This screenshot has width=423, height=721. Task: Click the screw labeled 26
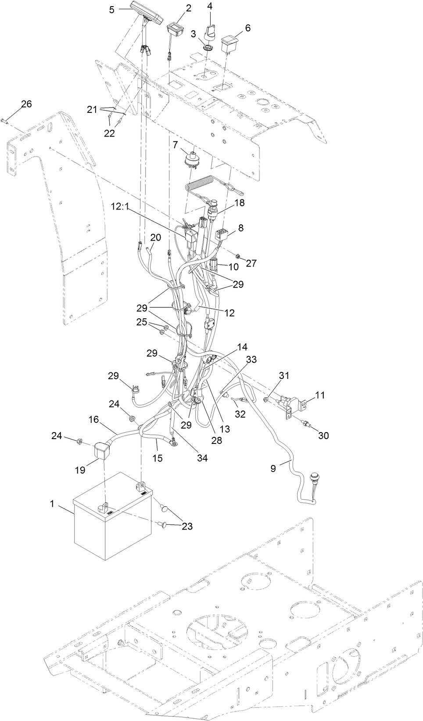coord(4,119)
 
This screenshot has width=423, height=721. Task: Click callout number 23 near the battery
coord(187,526)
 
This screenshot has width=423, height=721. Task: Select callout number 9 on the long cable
coord(272,469)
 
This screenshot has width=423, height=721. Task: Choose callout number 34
coord(202,458)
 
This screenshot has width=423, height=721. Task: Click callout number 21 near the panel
coord(92,110)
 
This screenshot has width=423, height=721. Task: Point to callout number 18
coord(239,202)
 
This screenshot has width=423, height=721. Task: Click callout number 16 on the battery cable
coord(94,420)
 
